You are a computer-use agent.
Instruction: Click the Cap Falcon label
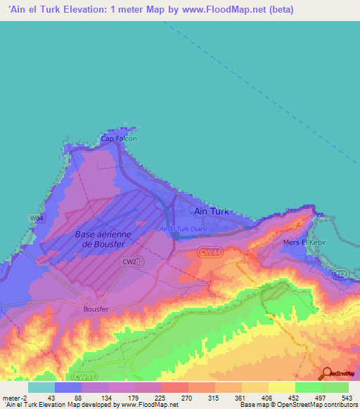[x=118, y=139]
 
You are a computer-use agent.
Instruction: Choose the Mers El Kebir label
[x=304, y=242]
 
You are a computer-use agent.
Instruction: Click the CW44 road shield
[x=208, y=251]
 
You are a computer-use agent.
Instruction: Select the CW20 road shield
[x=131, y=261]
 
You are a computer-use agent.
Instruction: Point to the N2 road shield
[x=341, y=273]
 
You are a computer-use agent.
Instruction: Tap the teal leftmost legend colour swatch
[x=41, y=387]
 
